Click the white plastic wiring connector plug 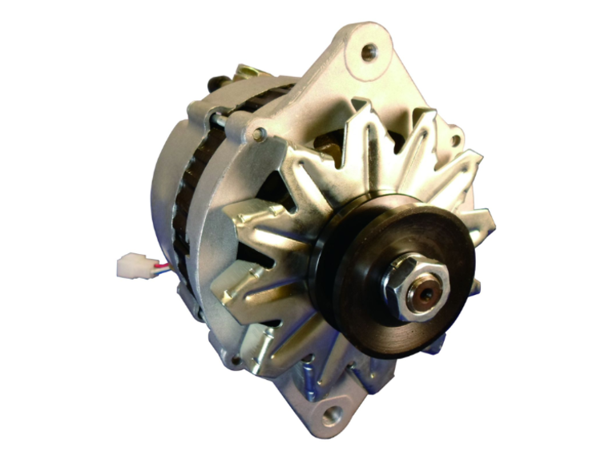click(x=131, y=265)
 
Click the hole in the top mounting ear click(x=368, y=53)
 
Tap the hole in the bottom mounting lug click(x=330, y=416)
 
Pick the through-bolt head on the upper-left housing click(x=258, y=134)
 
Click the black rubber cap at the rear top click(x=214, y=83)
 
